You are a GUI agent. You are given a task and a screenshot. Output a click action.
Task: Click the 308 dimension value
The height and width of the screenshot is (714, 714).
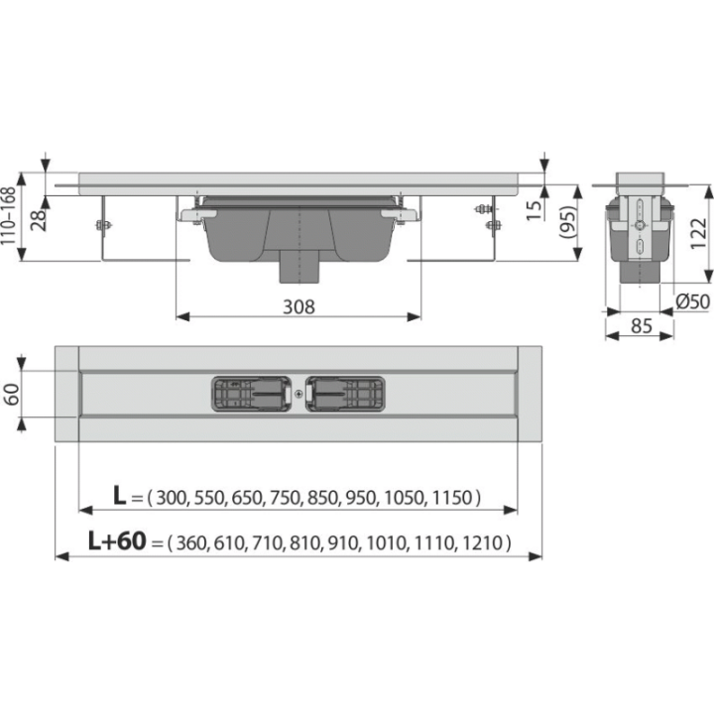point(298,306)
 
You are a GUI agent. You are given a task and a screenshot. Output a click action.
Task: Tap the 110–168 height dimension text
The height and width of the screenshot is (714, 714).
point(9,217)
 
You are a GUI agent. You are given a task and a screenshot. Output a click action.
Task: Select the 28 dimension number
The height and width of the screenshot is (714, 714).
point(39,220)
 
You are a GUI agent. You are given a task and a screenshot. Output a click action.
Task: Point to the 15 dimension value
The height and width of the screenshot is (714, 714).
point(535,209)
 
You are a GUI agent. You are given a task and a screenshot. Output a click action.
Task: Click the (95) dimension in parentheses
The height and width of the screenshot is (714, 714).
point(568,223)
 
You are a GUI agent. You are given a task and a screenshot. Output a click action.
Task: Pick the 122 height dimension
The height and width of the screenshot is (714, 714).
point(699,233)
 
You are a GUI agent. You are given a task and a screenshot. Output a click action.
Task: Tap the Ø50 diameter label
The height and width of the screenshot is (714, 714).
point(692,301)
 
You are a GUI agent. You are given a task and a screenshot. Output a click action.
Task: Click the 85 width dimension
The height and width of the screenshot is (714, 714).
point(642,326)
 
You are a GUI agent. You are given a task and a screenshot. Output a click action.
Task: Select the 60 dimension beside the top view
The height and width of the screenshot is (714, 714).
point(11,394)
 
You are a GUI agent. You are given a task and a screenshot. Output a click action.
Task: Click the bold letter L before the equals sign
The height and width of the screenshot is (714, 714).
point(119,496)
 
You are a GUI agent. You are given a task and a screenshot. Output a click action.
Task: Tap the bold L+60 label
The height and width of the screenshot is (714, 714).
point(117,541)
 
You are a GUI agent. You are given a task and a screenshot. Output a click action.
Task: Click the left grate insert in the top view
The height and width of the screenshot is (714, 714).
point(251,394)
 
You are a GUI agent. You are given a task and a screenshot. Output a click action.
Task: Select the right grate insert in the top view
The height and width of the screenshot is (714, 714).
point(345,394)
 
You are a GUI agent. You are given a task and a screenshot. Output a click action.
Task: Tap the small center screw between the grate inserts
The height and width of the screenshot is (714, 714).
point(298,394)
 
